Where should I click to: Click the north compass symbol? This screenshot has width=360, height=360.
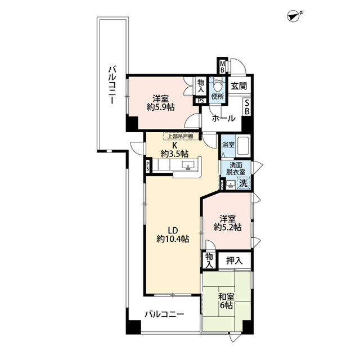pyautogui.click(x=294, y=16)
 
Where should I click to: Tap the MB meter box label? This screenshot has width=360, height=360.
pyautogui.click(x=222, y=66)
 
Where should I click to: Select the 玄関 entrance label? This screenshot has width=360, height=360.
pyautogui.click(x=238, y=86)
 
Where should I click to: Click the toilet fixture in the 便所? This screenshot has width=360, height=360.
pyautogui.click(x=217, y=86)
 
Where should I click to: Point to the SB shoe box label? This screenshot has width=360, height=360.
pyautogui.click(x=247, y=107)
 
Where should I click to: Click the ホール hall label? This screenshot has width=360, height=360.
pyautogui.click(x=223, y=118)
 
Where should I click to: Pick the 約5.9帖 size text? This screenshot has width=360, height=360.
pyautogui.click(x=161, y=107)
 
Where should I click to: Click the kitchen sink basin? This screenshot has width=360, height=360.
pyautogui.click(x=188, y=165)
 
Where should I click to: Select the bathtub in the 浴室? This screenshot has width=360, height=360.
pyautogui.click(x=244, y=146)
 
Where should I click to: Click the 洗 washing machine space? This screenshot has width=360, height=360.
pyautogui.click(x=244, y=183)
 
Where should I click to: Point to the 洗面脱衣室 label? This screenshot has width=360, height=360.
pyautogui.click(x=236, y=168)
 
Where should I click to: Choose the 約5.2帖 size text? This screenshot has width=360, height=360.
pyautogui.click(x=227, y=227)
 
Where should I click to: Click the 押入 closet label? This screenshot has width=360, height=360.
pyautogui.click(x=234, y=260)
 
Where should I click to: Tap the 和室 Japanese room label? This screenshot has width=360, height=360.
pyautogui.click(x=226, y=297)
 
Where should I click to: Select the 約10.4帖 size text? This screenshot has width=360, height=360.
pyautogui.click(x=173, y=239)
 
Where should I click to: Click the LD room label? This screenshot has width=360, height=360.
pyautogui.click(x=173, y=230)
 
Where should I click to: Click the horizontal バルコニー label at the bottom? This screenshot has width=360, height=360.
pyautogui.click(x=164, y=314)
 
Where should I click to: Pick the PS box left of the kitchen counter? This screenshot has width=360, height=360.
pyautogui.click(x=148, y=166)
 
